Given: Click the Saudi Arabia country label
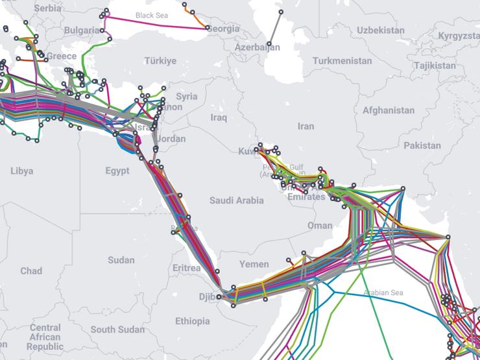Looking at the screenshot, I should point(236,200).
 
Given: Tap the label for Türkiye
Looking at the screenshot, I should point(160,61).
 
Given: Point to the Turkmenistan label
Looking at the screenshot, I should point(342,61).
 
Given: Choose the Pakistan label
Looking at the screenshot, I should point(422,146).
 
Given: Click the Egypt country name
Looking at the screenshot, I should point(117,171).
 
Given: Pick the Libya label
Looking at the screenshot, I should point(21,171).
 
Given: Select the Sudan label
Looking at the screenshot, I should point(121,260).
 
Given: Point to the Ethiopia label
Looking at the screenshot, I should point(193,321).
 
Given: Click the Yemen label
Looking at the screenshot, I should point(254,264).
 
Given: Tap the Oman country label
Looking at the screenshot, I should point(319,226).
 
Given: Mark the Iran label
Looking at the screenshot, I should point(306,127).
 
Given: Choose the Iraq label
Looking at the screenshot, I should point(219,117).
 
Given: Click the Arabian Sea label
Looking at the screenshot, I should point(383,293).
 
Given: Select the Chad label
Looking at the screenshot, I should point(30,271).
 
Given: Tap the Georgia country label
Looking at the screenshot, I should point(224,29).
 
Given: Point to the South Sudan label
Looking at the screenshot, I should point(117,330).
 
